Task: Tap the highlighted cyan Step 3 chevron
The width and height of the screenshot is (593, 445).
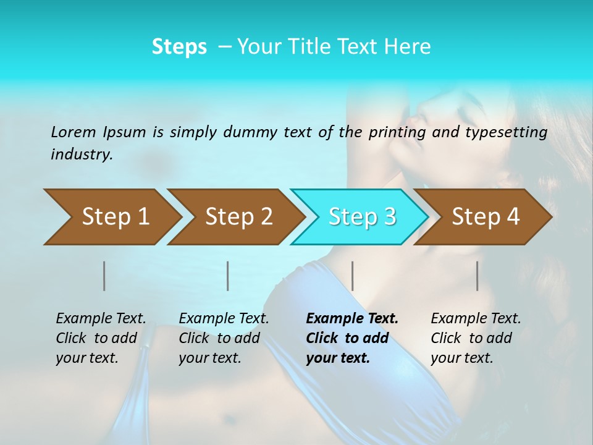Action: click(x=362, y=216)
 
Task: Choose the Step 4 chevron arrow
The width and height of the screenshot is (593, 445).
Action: click(x=486, y=216)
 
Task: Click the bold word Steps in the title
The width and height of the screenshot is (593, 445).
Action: click(x=179, y=46)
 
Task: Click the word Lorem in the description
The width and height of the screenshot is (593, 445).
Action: click(x=73, y=132)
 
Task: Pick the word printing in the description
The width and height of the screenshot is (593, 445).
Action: click(x=397, y=132)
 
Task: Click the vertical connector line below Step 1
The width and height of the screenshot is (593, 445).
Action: click(x=104, y=276)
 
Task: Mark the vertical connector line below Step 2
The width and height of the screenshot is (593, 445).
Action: click(x=228, y=276)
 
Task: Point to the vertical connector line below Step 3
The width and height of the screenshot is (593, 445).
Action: click(x=352, y=276)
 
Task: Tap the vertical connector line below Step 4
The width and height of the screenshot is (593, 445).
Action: click(x=477, y=276)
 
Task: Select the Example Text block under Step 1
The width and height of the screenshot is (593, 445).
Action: click(x=100, y=338)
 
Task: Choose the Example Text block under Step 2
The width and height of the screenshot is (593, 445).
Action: click(x=223, y=338)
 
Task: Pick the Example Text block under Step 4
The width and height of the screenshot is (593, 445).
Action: click(x=475, y=338)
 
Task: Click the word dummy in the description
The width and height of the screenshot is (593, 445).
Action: click(x=250, y=132)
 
